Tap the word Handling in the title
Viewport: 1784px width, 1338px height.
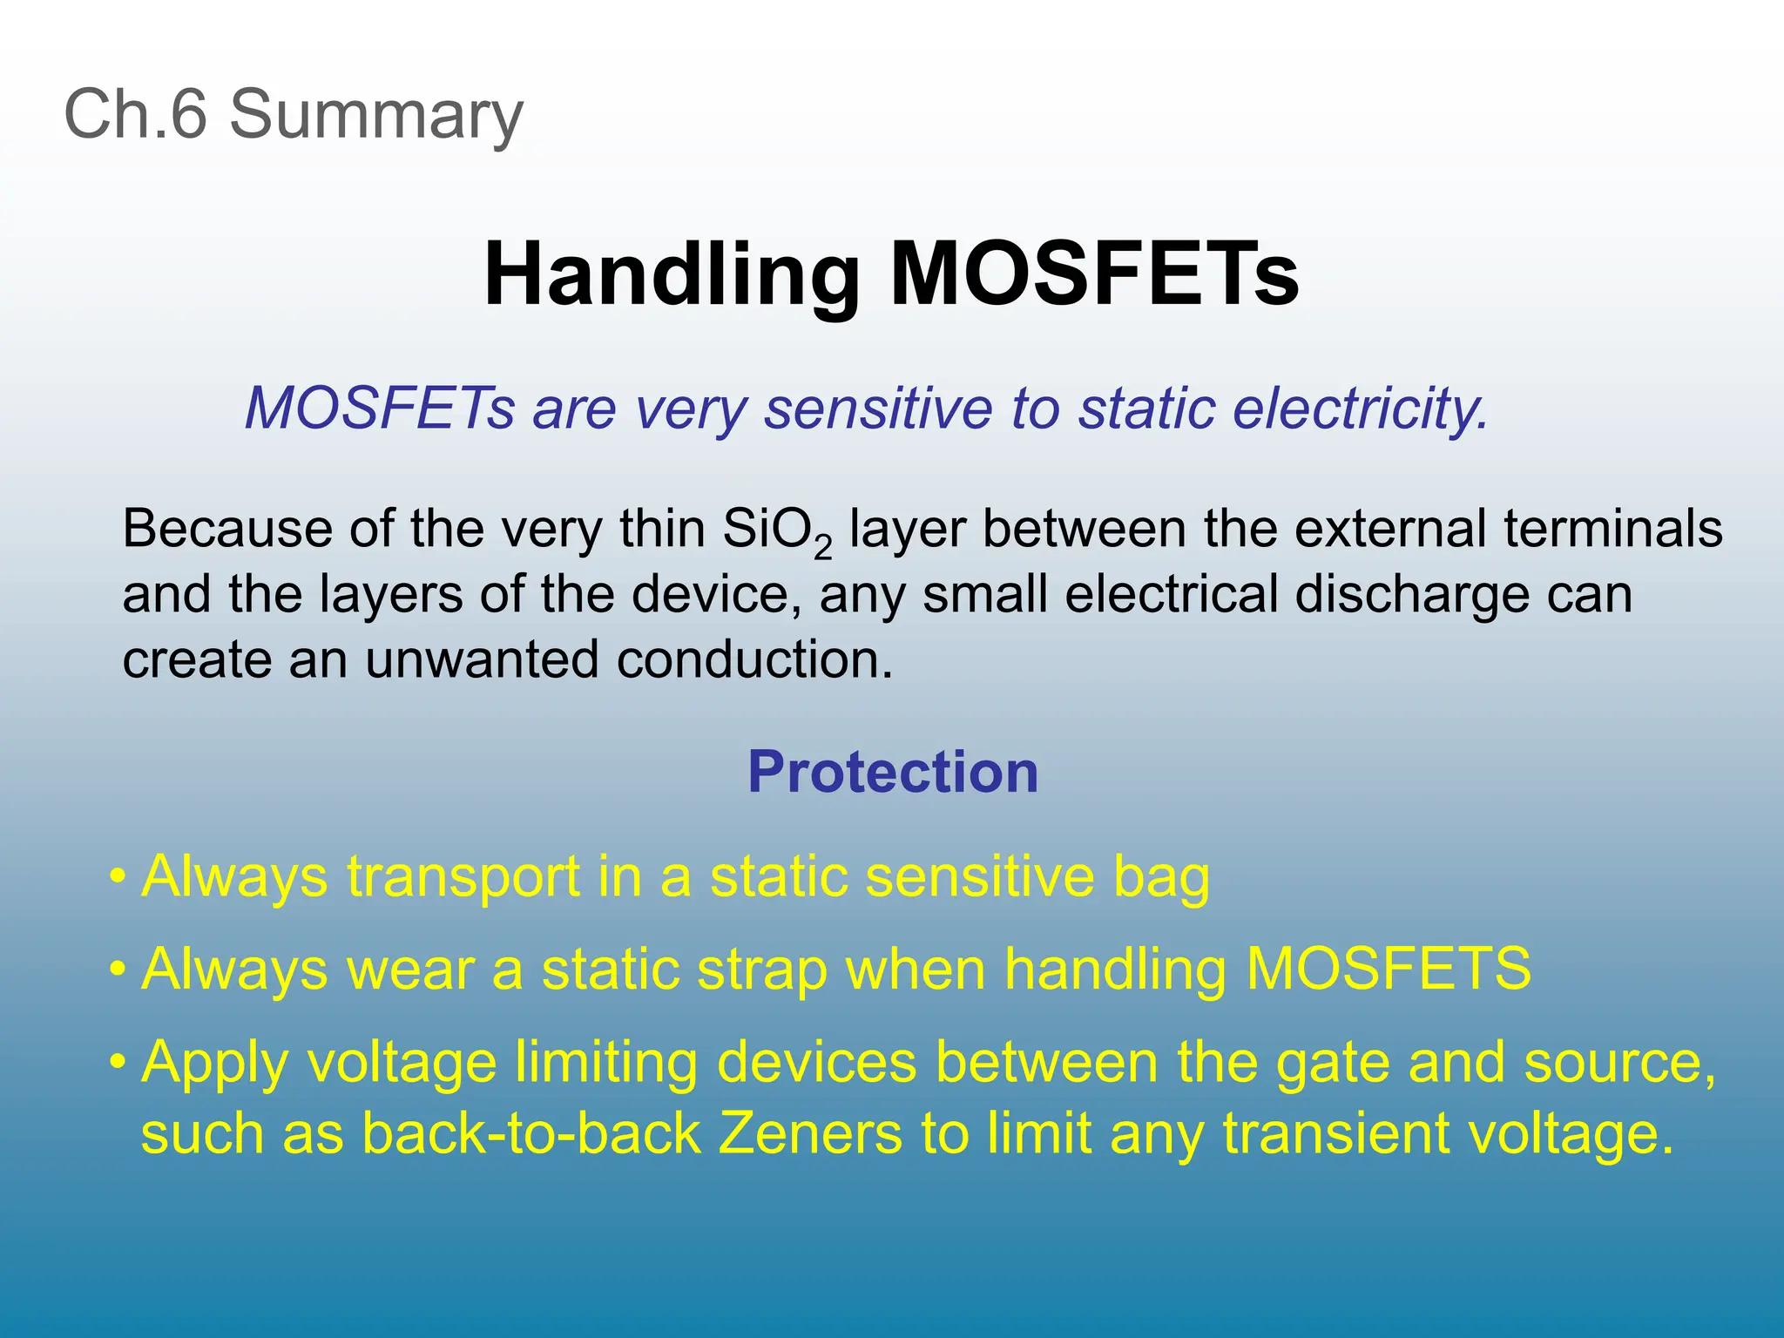tap(672, 274)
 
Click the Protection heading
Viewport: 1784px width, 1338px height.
tap(892, 772)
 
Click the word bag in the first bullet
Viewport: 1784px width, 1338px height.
tap(1160, 878)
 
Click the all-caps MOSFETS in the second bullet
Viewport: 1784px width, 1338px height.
tap(1388, 969)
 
